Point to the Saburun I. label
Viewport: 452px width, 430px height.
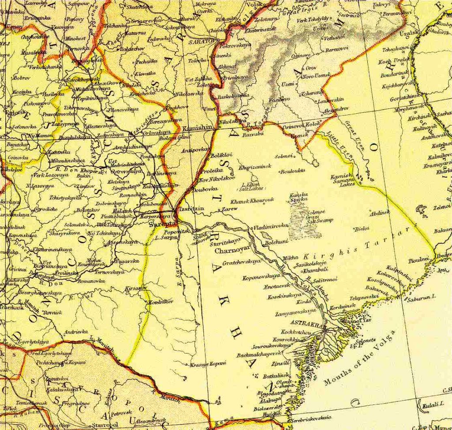[x=421, y=297]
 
